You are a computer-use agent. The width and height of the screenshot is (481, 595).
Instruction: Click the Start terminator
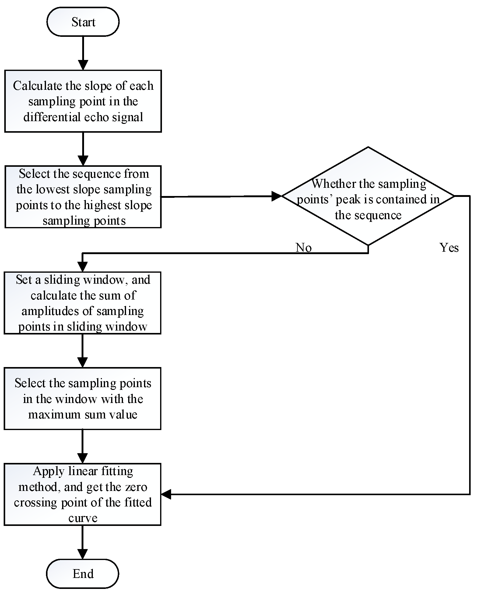[83, 22]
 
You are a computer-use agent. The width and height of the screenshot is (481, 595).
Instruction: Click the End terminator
[83, 573]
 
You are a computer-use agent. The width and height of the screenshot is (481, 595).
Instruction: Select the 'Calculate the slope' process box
[83, 101]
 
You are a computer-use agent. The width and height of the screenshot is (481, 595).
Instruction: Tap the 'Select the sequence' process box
[83, 197]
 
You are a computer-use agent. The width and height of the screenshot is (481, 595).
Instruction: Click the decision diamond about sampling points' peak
[368, 196]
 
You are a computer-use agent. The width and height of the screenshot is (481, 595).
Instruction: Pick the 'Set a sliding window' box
[83, 303]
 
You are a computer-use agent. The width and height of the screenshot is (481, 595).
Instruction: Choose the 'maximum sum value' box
[83, 398]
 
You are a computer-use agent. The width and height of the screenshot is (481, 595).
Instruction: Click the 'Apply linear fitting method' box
[83, 494]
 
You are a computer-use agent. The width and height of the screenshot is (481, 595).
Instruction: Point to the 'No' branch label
[304, 248]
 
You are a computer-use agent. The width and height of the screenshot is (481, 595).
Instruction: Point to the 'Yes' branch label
[449, 248]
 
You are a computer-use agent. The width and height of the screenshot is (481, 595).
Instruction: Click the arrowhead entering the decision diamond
[276, 196]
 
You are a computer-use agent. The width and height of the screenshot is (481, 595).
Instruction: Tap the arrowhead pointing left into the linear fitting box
[166, 494]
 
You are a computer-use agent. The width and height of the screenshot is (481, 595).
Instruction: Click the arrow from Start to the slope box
[83, 53]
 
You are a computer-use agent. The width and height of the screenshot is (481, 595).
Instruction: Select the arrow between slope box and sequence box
[83, 149]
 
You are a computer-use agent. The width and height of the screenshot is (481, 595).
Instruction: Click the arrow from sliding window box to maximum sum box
[83, 351]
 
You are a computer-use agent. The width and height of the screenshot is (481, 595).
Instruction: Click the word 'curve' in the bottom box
[83, 518]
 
